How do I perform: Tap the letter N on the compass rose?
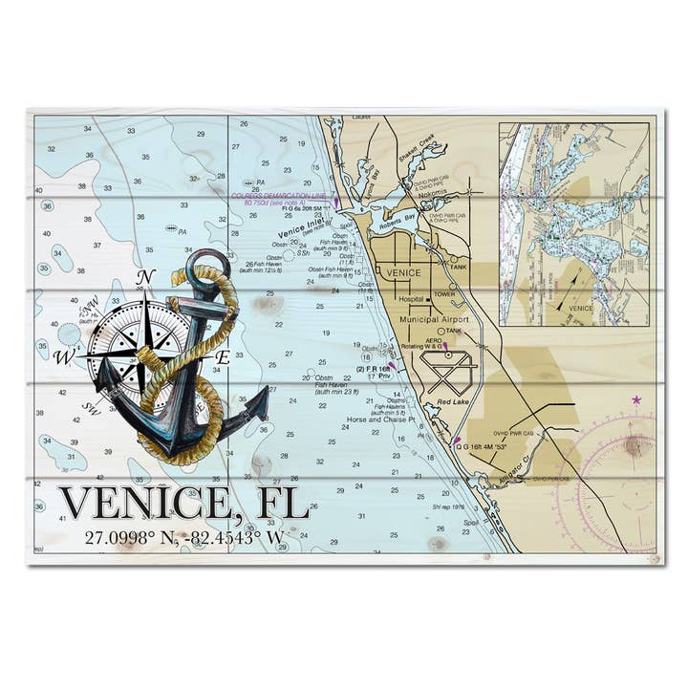tap(145, 278)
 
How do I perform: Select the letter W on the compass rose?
tap(64, 358)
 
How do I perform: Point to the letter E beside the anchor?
tap(221, 355)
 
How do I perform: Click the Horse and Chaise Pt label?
tap(382, 420)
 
